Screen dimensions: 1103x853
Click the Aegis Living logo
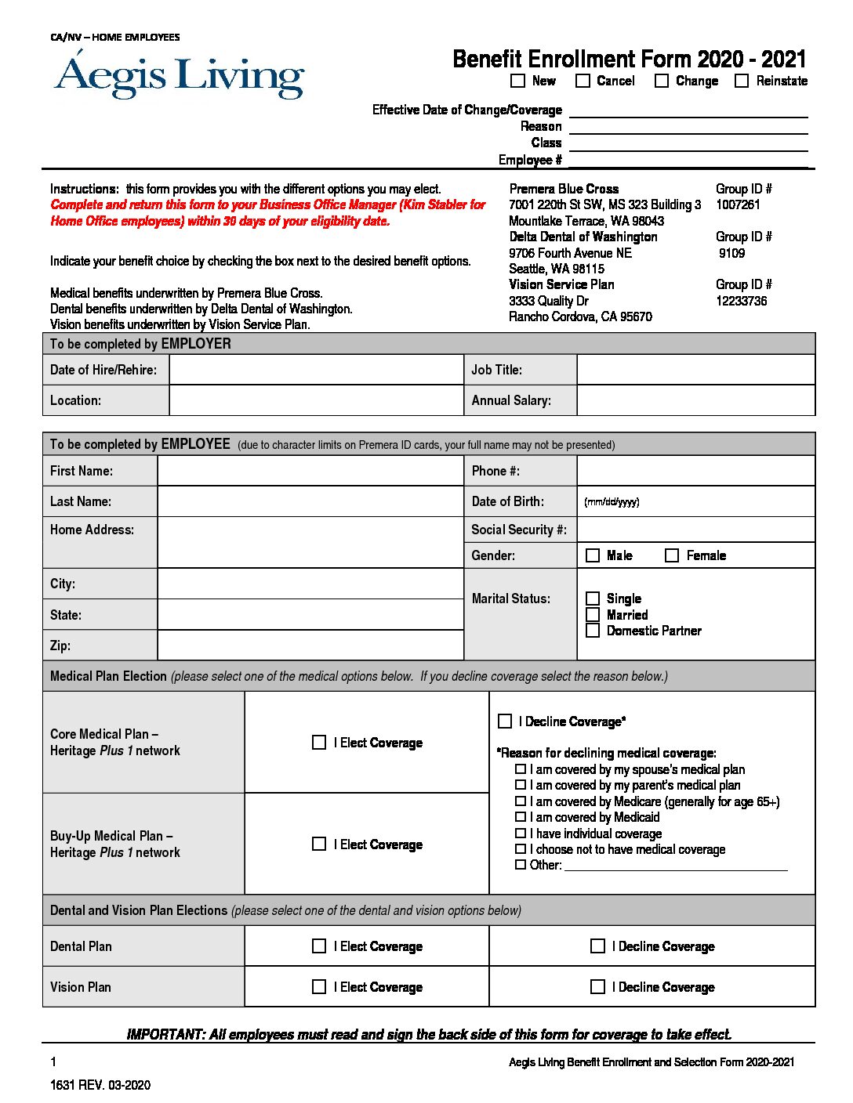180,77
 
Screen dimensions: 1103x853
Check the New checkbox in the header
517,81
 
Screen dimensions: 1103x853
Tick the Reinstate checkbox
742,81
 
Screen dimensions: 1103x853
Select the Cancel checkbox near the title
583,81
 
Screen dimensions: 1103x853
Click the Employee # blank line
688,160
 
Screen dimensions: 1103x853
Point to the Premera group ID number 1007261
738,204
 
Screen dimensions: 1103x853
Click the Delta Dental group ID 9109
731,253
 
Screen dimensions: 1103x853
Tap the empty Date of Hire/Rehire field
316,370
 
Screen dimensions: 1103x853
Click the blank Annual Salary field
695,400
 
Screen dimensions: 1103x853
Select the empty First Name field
310,471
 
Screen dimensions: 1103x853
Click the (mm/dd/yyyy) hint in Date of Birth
612,502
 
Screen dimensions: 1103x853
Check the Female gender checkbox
672,555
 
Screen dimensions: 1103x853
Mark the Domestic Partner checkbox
593,631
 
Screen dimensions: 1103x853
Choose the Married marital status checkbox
593,615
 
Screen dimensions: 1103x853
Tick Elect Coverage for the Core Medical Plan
319,742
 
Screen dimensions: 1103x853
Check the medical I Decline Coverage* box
505,721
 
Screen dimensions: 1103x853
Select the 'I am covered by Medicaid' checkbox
521,817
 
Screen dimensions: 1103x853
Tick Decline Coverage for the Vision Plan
597,987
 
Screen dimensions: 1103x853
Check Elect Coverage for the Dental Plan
319,946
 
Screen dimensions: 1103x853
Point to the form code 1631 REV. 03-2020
100,1085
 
